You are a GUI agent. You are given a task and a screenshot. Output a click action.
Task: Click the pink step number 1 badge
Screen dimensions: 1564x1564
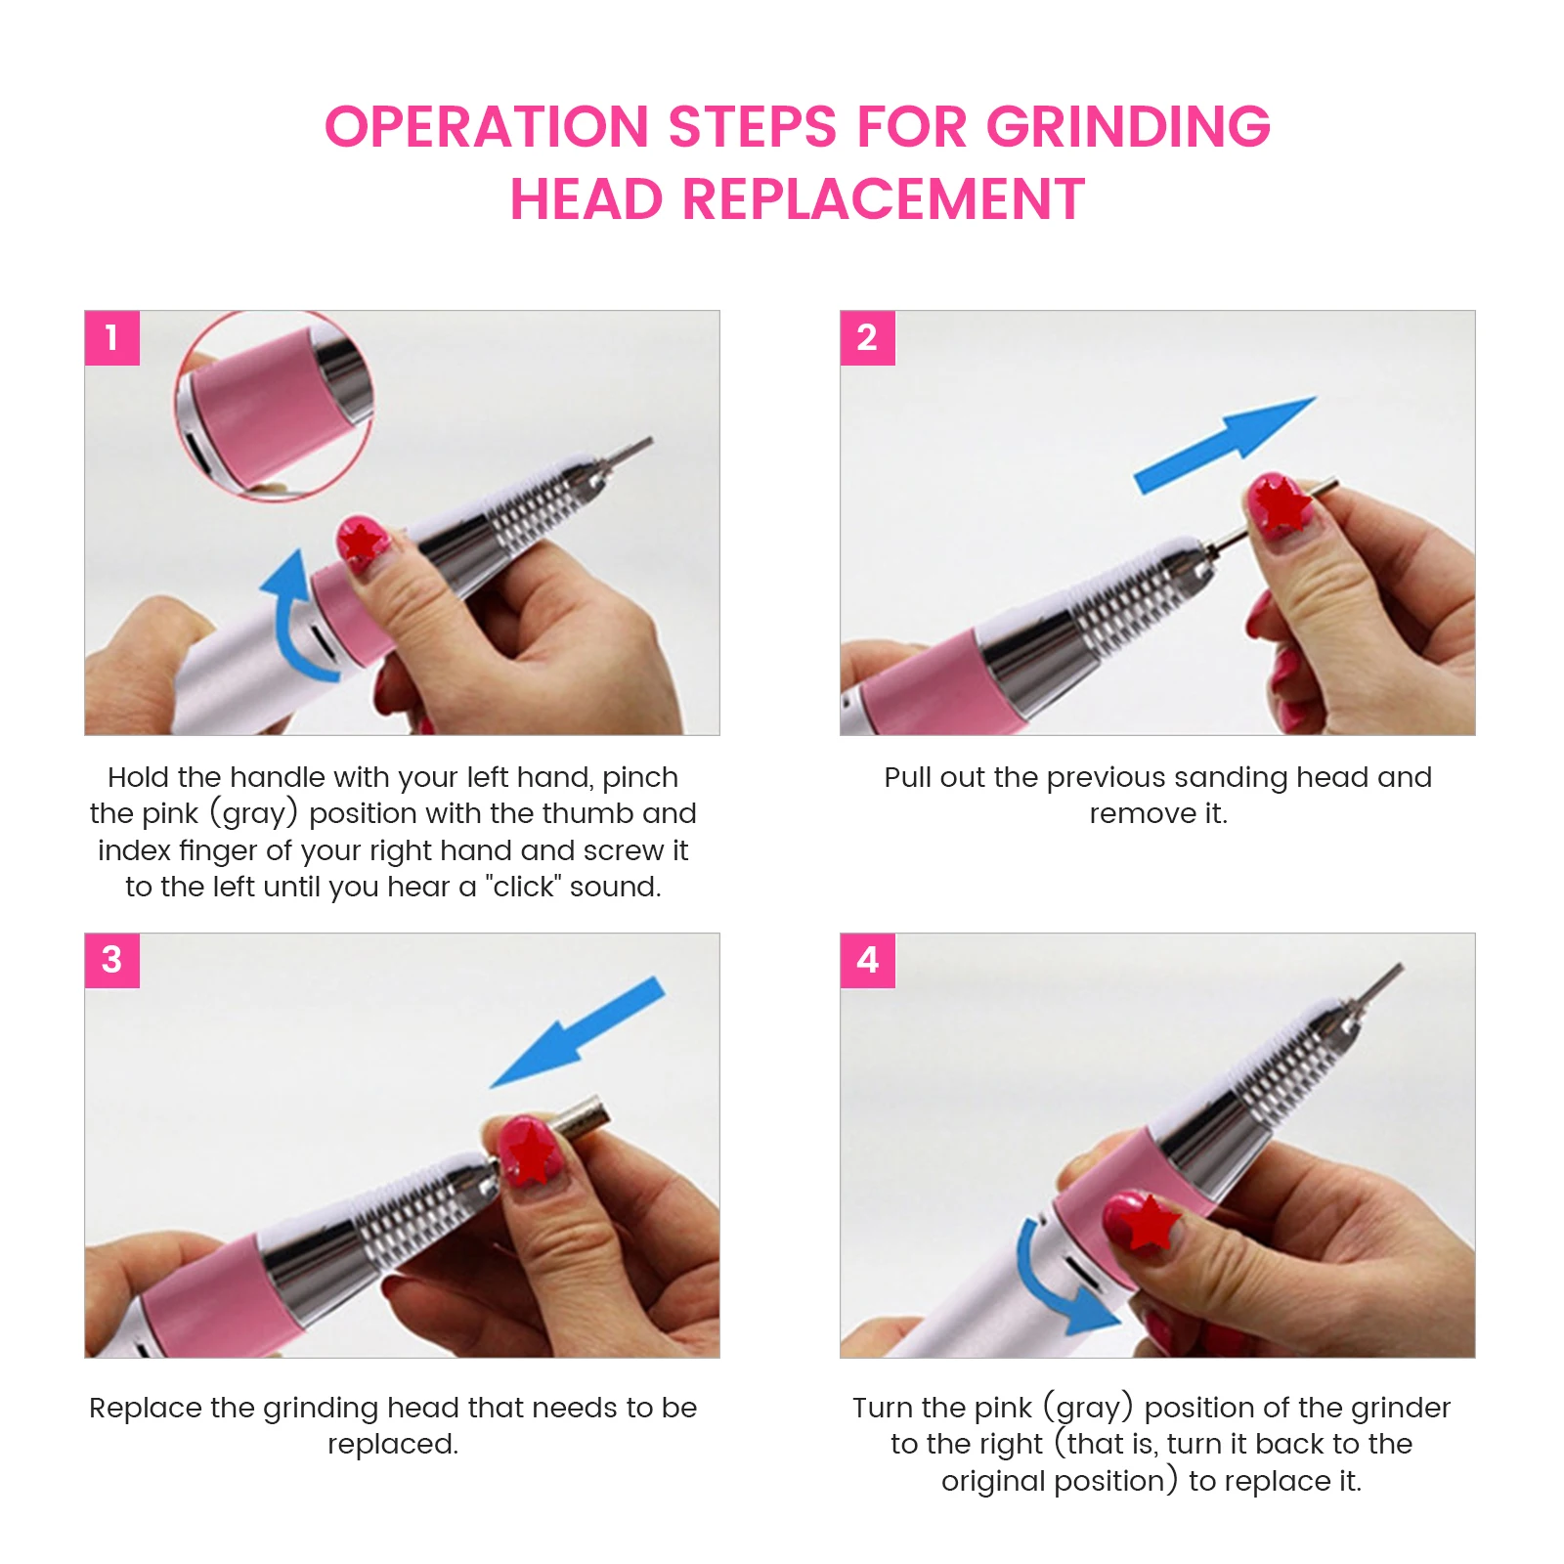pyautogui.click(x=111, y=338)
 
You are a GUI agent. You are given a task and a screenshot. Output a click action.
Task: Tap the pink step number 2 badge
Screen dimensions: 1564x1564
pyautogui.click(x=867, y=338)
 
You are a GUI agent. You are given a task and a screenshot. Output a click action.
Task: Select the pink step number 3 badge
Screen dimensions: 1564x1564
pyautogui.click(x=111, y=960)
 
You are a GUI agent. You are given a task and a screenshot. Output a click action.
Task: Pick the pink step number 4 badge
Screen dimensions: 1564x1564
pyautogui.click(x=867, y=960)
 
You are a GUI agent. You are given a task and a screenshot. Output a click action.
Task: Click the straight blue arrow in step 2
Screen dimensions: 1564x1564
pyautogui.click(x=1226, y=445)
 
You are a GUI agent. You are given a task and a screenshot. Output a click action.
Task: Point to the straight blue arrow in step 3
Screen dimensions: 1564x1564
pyautogui.click(x=577, y=1032)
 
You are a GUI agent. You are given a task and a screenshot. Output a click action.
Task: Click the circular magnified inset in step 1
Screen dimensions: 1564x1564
pyautogui.click(x=275, y=407)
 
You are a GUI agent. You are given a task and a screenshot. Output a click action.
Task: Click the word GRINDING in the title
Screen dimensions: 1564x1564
pyautogui.click(x=1127, y=127)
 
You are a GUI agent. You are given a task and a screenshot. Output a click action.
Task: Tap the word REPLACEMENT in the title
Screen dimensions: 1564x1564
pyautogui.click(x=883, y=200)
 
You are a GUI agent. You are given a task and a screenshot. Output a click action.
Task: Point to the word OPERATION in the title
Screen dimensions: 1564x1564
pyautogui.click(x=487, y=127)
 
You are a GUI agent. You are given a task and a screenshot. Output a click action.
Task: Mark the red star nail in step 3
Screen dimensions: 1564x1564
pyautogui.click(x=529, y=1151)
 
